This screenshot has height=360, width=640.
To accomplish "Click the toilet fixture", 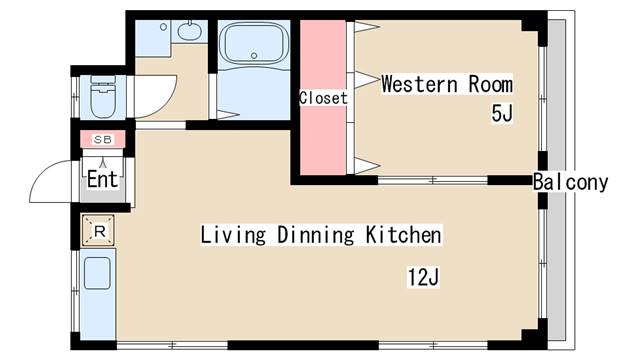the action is coord(102,97).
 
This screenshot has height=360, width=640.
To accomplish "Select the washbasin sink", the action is coord(189,31).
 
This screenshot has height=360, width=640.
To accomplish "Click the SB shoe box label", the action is coord(102,140).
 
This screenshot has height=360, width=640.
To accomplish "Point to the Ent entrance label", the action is coord(102,179).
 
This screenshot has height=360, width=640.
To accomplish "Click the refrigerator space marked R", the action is coord(98,231).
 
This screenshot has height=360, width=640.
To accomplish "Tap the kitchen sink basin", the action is coord(97,273).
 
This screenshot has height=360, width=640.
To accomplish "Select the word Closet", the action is coord(323,98).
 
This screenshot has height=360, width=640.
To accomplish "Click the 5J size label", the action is coord(502,113).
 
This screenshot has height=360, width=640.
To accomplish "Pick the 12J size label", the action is coord(423,278).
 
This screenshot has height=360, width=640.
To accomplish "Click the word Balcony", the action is coord(570,182).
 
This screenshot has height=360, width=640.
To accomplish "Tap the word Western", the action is coord(420,84).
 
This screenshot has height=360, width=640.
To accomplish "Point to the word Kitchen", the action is coord(403,235).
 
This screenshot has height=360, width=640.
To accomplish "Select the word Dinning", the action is coord(316,236).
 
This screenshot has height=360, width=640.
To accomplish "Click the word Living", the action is coord(233,236).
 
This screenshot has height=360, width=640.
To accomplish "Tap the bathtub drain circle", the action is coord(254,55).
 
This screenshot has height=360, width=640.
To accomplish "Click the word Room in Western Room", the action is coord(491,84).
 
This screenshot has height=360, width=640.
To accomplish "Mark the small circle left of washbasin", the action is coord(163,27).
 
